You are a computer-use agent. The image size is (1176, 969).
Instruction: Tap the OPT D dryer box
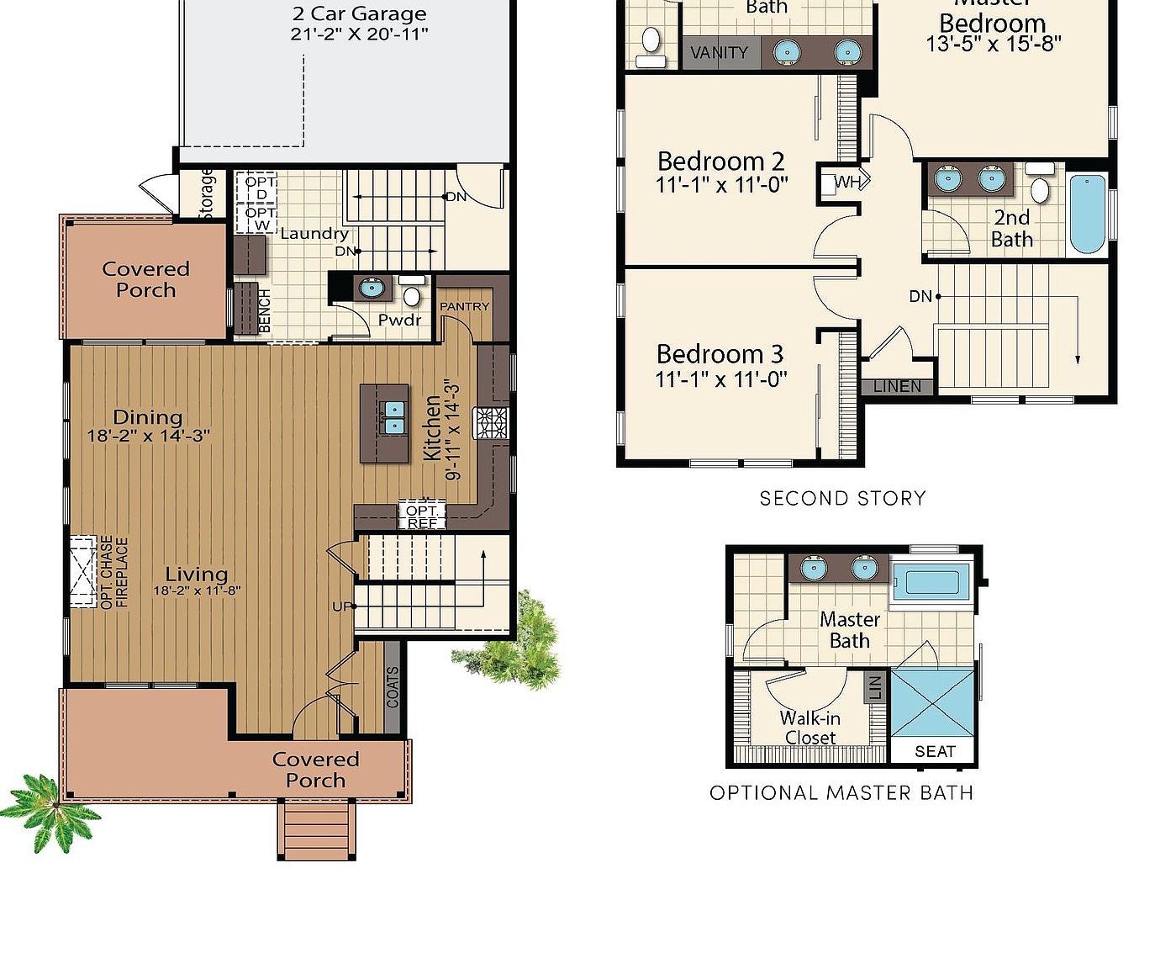coord(261,187)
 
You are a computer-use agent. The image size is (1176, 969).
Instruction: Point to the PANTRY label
coord(464,307)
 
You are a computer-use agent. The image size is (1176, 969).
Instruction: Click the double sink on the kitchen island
coord(393,417)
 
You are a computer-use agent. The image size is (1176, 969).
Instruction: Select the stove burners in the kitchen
coord(491,423)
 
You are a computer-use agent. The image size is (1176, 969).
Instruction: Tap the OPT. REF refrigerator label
coord(422,516)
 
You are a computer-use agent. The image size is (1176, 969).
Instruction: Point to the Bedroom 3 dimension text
coord(721,380)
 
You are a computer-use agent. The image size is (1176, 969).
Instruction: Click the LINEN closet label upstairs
coord(897,387)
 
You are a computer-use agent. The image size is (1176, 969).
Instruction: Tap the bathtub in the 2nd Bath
coord(1087,214)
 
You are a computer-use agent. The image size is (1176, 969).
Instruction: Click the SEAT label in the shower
coord(934,751)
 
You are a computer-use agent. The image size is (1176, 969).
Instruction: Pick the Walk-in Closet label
coord(809,728)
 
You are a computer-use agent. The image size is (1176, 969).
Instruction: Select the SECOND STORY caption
coord(842,499)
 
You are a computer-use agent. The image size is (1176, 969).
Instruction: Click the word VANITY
coord(719,53)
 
